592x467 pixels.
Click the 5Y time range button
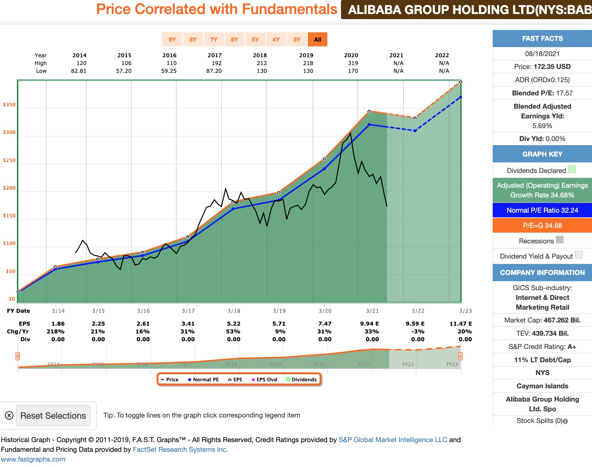(x=255, y=39)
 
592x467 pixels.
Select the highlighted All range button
(x=317, y=39)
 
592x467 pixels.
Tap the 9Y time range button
(x=172, y=39)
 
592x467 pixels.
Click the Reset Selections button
(x=53, y=416)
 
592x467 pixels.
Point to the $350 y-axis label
(x=9, y=105)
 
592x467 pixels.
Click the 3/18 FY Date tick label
(x=234, y=311)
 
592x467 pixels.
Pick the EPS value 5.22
(x=234, y=324)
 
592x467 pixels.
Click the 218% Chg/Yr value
(x=56, y=331)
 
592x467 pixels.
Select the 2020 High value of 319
(x=353, y=63)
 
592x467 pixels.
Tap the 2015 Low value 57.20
(x=124, y=71)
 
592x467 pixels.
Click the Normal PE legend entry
(x=203, y=379)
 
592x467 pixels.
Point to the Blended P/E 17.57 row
(x=542, y=93)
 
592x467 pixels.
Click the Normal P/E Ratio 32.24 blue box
(x=542, y=210)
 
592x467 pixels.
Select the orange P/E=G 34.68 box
(x=542, y=226)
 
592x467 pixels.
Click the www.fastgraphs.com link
(x=33, y=459)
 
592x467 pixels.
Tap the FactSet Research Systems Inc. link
(x=181, y=449)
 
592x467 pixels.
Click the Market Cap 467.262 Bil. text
(x=542, y=320)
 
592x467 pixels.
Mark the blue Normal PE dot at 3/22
(x=415, y=130)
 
